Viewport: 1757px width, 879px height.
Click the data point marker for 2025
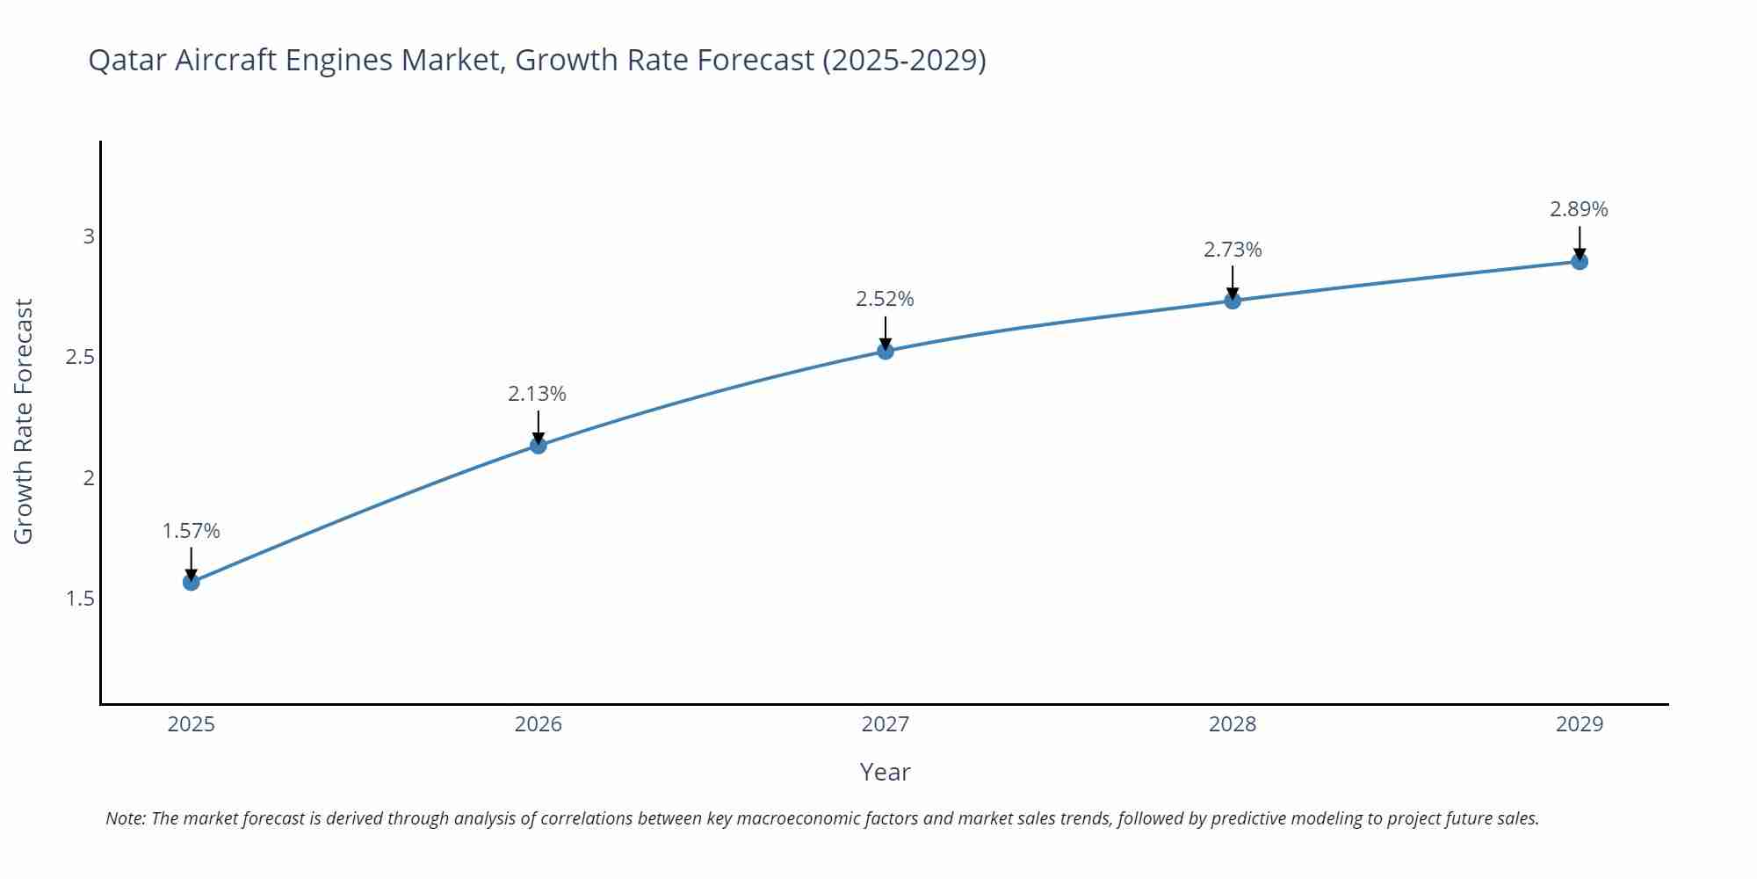click(192, 582)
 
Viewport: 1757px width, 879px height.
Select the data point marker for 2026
click(539, 446)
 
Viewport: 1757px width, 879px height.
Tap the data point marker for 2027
click(886, 352)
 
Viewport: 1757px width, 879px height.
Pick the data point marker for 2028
click(1233, 301)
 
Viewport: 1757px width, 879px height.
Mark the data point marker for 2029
click(1580, 262)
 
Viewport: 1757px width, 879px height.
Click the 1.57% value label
click(192, 531)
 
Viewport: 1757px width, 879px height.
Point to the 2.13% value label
click(537, 394)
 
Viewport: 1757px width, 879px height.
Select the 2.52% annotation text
click(885, 299)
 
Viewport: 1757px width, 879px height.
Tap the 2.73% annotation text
click(1233, 250)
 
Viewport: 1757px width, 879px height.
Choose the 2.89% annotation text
click(1579, 209)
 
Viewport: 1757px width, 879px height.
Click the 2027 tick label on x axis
click(886, 724)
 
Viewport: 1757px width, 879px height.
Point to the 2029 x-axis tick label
click(1580, 724)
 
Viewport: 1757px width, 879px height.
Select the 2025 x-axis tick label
click(192, 724)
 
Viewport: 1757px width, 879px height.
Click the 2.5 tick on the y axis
click(80, 357)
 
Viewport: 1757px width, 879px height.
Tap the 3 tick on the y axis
click(89, 236)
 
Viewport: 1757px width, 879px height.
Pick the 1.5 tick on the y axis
click(80, 599)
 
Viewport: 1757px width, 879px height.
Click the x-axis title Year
click(885, 772)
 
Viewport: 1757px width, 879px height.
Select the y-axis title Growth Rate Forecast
click(24, 421)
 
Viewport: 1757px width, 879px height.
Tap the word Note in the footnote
click(124, 818)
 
